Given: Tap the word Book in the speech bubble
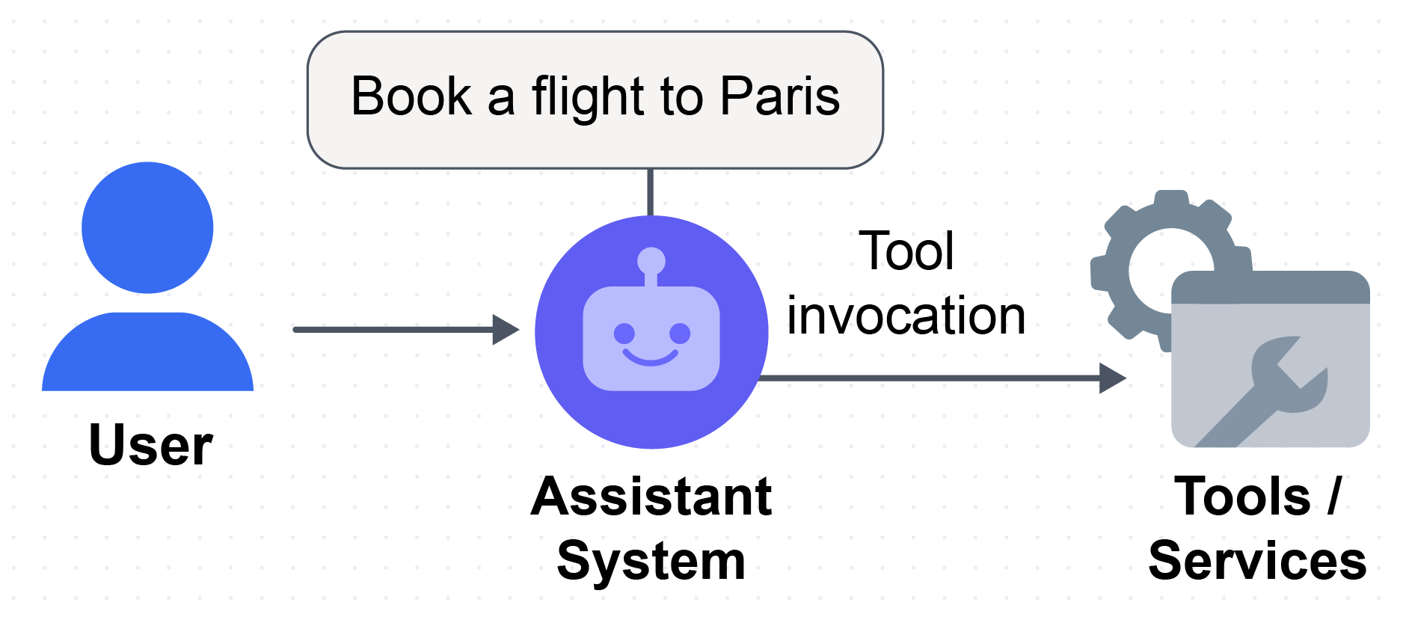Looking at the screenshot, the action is coord(411,96).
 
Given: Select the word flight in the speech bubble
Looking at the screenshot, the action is coord(588,98).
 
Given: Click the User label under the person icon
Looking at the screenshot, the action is coord(150,445).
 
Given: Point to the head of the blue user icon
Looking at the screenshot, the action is coord(147,227).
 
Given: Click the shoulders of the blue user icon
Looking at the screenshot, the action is coord(147,352).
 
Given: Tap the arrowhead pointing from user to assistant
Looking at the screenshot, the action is coord(506,330).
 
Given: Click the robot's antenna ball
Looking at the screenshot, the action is coord(651,261).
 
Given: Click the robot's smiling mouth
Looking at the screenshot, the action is coord(651,358).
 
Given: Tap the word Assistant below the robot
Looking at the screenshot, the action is coord(651,497).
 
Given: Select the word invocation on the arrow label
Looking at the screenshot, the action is coord(906,316).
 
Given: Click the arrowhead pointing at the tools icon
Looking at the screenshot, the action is coord(1113,378).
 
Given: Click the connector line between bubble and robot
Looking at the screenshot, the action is coord(650,192).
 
